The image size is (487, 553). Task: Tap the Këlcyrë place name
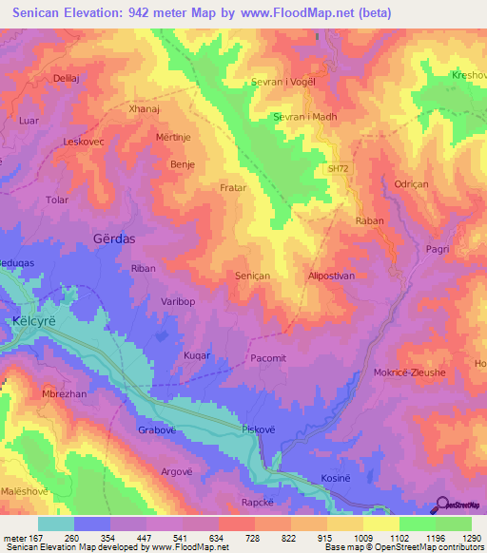coord(36,321)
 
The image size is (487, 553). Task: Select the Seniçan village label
coord(254,275)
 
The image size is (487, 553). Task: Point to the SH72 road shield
coord(338,168)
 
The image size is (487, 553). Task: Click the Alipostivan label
coord(332,275)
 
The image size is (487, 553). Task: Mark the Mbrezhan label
coord(65,393)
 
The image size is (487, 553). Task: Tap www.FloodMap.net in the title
coord(294,14)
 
